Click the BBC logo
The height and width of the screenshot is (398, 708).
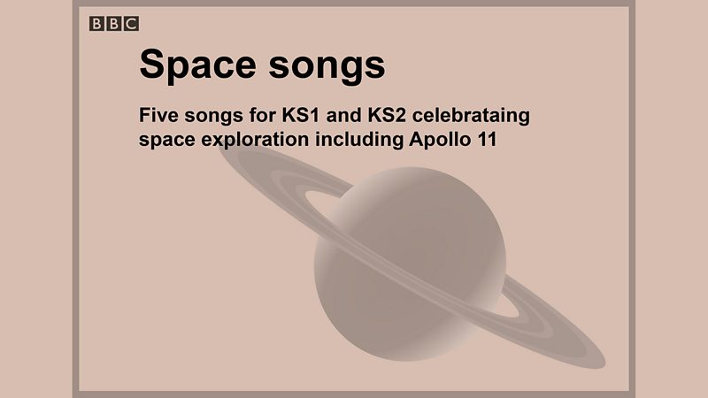(x=113, y=24)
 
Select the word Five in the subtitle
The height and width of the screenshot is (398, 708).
(x=159, y=116)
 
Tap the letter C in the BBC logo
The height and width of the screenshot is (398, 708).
(x=130, y=24)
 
